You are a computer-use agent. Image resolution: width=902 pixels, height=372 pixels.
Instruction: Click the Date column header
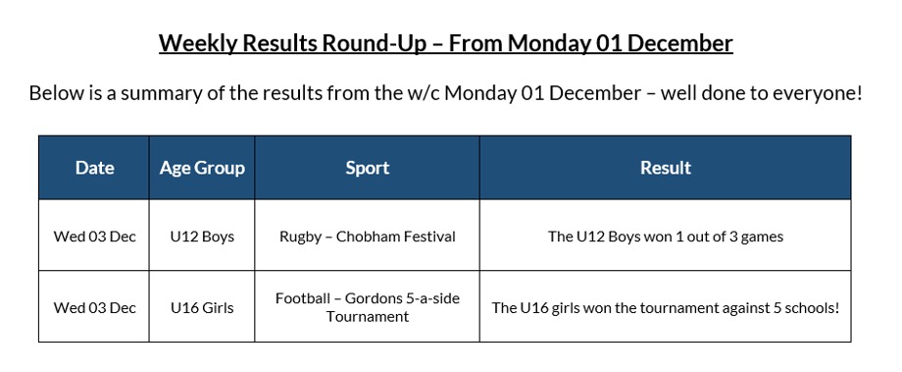point(94,168)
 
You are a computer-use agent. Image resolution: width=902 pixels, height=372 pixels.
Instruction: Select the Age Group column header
point(202,168)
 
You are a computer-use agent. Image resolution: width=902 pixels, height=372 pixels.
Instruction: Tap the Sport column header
point(367,168)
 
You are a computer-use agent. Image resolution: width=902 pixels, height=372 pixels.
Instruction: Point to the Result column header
point(665,168)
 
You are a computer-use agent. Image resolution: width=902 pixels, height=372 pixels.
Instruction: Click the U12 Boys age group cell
point(202,237)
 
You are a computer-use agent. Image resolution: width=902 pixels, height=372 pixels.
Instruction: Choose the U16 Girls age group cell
point(202,307)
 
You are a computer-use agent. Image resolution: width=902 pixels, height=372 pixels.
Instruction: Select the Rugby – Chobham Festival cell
point(367,237)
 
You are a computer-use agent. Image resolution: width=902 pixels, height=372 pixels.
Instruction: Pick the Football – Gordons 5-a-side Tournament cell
point(367,307)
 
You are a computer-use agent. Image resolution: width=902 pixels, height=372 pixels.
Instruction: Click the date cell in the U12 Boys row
point(94,237)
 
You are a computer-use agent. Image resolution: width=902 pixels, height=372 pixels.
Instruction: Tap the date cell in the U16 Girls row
point(94,307)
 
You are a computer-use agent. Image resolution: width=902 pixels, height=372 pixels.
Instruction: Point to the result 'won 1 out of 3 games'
point(665,237)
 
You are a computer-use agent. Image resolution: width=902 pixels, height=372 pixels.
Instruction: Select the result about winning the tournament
point(665,307)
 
